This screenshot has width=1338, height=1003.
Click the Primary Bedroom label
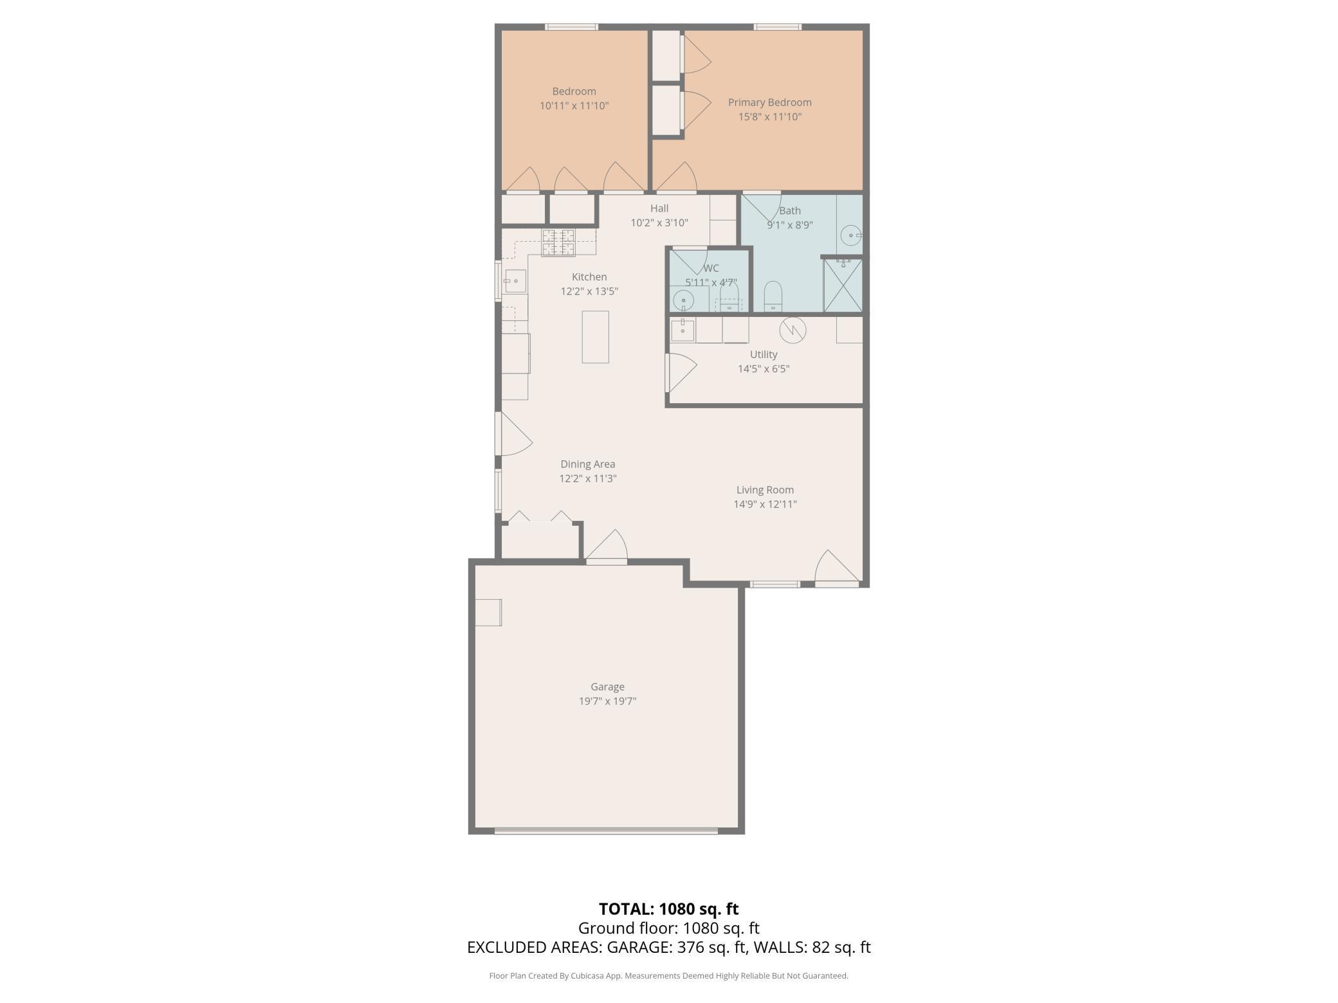[769, 102]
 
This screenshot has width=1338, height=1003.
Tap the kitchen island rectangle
[595, 337]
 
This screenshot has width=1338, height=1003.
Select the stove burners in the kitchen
[558, 242]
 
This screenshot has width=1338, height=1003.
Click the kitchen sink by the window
[515, 281]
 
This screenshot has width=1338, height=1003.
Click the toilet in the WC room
[729, 296]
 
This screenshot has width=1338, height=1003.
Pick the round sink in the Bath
[851, 236]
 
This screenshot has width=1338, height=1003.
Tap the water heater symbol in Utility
[793, 330]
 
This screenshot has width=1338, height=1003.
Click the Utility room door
[680, 373]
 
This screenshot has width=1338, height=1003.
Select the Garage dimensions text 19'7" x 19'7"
[607, 701]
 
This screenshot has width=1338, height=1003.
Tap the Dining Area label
[587, 464]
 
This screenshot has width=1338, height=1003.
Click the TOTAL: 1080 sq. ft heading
[668, 908]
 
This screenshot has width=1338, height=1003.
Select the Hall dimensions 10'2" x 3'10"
[659, 223]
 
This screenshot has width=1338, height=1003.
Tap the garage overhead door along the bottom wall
[606, 831]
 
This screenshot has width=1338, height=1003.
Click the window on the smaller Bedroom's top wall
[571, 27]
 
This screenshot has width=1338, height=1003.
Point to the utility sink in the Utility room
[682, 330]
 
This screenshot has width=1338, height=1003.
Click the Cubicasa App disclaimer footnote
[668, 975]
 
